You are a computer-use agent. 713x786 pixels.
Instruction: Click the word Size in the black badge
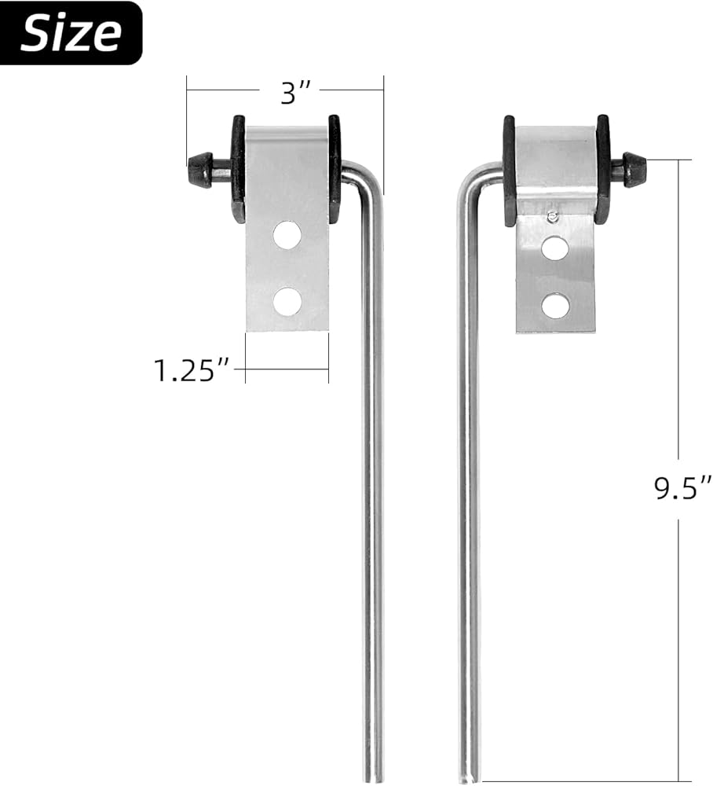[71, 33]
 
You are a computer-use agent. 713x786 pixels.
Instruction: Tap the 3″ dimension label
[295, 93]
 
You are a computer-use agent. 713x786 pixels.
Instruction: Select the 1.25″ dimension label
[191, 371]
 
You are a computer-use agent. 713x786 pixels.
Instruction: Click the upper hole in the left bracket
[287, 236]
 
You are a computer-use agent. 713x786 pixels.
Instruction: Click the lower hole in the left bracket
[287, 301]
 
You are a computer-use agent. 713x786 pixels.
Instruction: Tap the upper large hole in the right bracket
[555, 248]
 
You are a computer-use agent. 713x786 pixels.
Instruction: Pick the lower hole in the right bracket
[555, 305]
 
